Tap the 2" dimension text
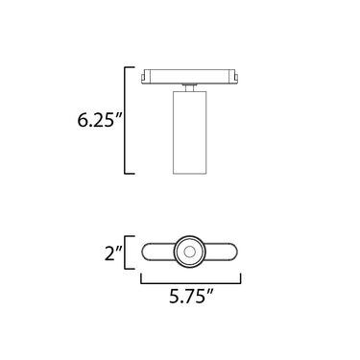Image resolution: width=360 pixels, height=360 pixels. pyautogui.click(x=113, y=252)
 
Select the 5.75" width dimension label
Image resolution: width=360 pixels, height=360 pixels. pyautogui.click(x=191, y=296)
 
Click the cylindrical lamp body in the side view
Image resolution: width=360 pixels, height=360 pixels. pyautogui.click(x=190, y=132)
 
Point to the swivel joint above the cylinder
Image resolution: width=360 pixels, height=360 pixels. pyautogui.click(x=189, y=88)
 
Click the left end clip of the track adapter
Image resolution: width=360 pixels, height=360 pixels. pyautogui.click(x=144, y=78)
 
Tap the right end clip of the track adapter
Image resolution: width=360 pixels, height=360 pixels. pyautogui.click(x=236, y=78)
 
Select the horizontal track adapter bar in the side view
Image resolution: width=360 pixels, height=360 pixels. pyautogui.click(x=190, y=77)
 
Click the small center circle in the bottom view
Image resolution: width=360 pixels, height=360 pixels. pyautogui.click(x=190, y=252)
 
